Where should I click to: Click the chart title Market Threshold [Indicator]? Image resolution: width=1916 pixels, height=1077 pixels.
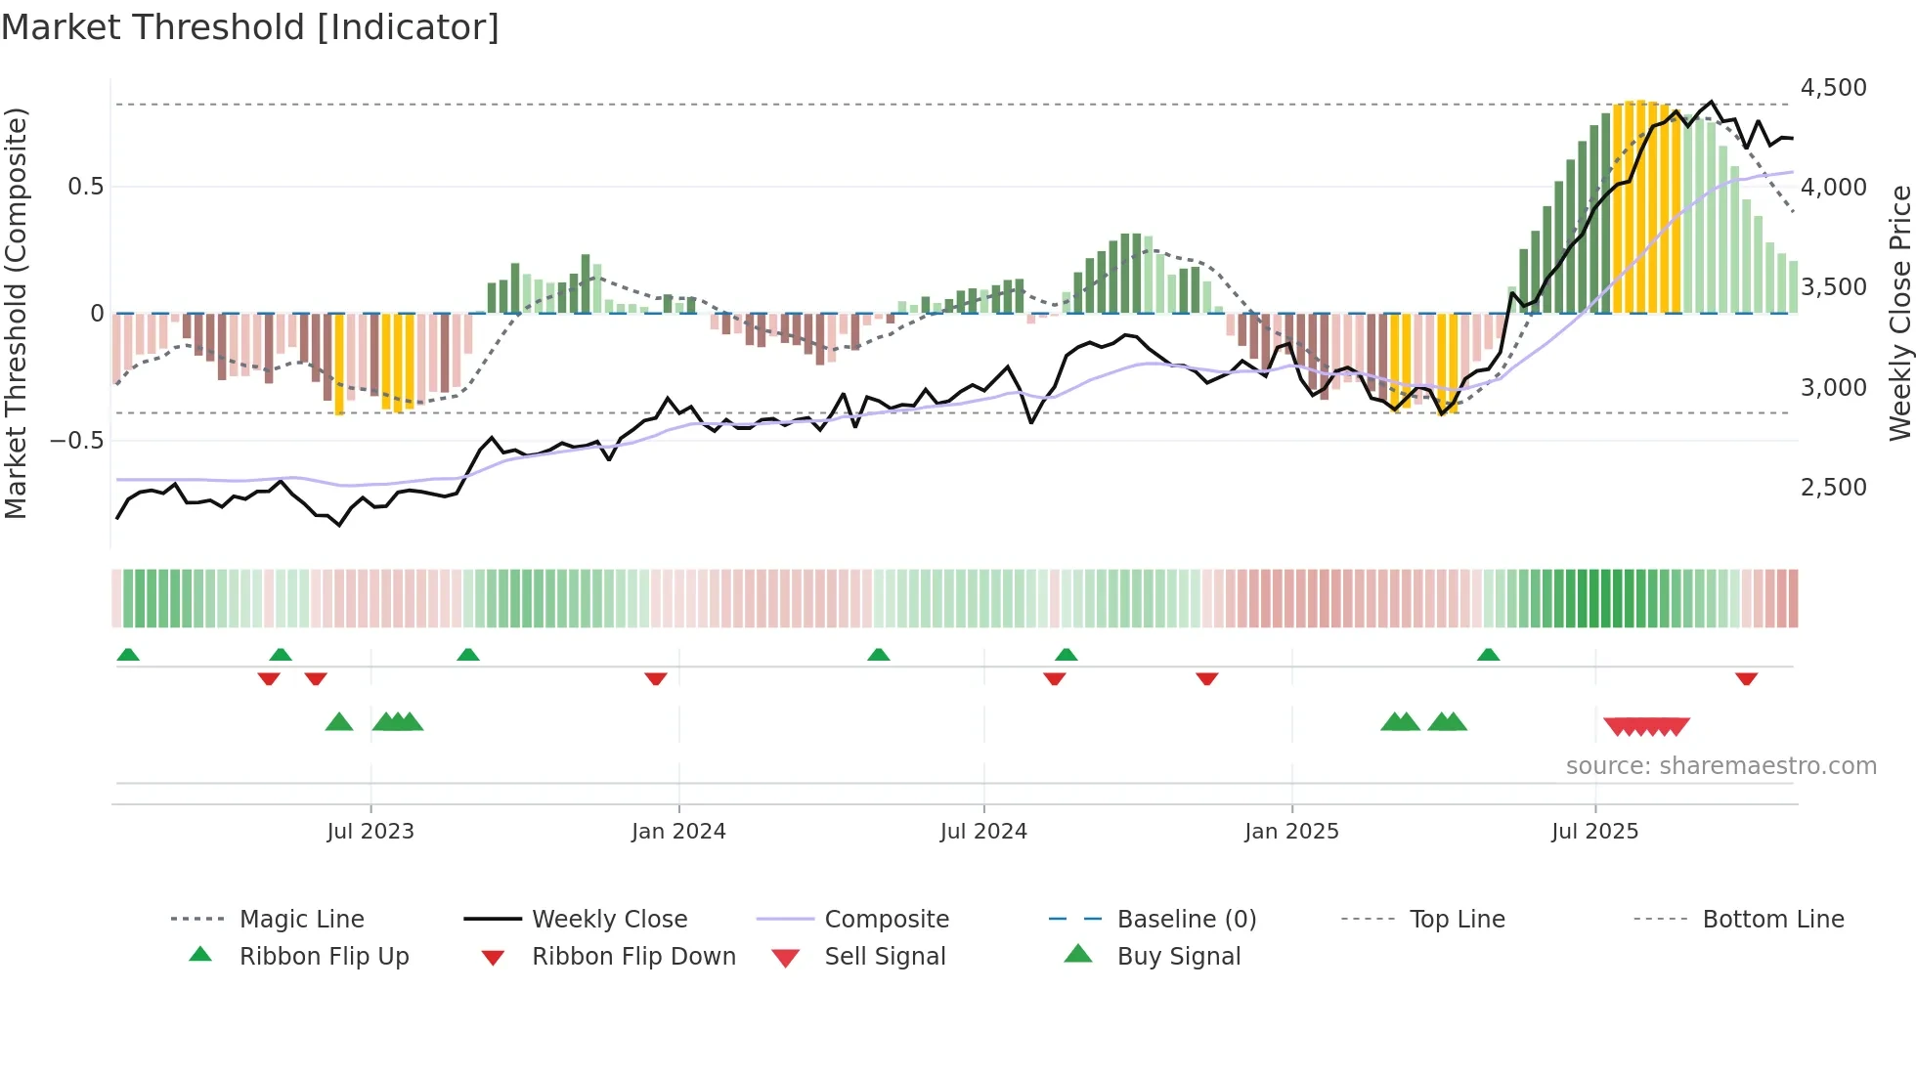(250, 27)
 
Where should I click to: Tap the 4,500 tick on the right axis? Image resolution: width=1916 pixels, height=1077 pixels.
(1833, 88)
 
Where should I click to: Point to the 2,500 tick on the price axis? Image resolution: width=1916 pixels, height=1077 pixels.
(1833, 487)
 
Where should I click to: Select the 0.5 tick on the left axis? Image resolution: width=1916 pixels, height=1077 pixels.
(85, 187)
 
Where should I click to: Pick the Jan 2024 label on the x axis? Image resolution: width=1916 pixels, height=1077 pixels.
(678, 832)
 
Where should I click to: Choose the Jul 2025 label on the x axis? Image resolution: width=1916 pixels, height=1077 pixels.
(1594, 832)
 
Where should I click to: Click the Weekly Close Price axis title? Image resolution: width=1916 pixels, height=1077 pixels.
(1899, 313)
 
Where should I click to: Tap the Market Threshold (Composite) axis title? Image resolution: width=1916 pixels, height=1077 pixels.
(16, 313)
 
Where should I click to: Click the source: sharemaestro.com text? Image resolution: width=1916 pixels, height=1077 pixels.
(1720, 766)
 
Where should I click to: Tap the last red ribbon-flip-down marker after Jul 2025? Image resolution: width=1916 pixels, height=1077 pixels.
(1746, 678)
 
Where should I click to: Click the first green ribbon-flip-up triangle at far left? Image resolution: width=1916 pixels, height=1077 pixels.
(128, 655)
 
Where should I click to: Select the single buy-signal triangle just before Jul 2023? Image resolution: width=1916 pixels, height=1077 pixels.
(339, 722)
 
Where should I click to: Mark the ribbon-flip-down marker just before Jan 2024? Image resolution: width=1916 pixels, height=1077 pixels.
(656, 678)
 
